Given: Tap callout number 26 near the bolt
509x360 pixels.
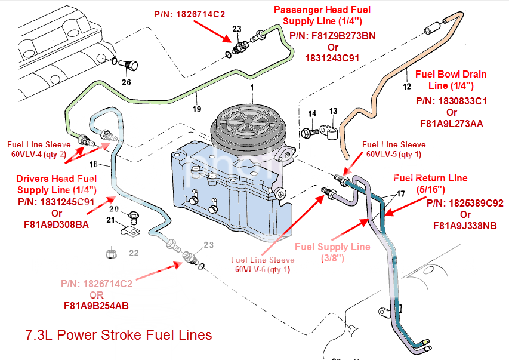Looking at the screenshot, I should click(x=126, y=82).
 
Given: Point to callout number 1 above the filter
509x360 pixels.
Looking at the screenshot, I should click(x=252, y=87).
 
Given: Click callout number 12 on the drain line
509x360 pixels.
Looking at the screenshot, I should click(x=407, y=87).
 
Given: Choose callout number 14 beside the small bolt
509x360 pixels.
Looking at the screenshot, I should click(x=312, y=113).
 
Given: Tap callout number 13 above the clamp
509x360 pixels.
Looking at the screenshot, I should click(x=333, y=111).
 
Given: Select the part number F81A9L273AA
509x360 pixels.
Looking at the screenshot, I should click(x=452, y=124).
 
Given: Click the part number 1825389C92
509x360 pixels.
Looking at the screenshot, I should click(x=465, y=203).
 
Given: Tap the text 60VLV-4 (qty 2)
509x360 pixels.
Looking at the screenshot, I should click(x=40, y=153).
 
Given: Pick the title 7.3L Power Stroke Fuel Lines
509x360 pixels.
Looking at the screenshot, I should click(x=119, y=335).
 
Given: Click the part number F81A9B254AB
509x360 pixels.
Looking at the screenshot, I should click(x=97, y=306).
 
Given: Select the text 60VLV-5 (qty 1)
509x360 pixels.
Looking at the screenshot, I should click(x=394, y=154).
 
